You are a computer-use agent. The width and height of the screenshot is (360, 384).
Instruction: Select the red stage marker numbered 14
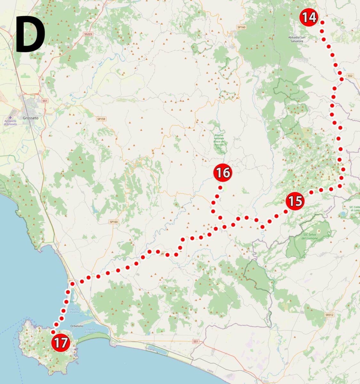pyautogui.click(x=309, y=17)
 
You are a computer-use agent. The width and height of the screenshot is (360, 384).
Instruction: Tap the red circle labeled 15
pyautogui.click(x=295, y=201)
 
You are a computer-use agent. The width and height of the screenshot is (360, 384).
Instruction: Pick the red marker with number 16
pyautogui.click(x=223, y=173)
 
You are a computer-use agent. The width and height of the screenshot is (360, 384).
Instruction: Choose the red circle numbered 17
pyautogui.click(x=61, y=343)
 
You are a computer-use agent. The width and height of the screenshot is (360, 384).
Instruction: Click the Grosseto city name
pyautogui.click(x=30, y=118)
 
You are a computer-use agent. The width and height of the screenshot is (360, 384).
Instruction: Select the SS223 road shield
pyautogui.click(x=88, y=34)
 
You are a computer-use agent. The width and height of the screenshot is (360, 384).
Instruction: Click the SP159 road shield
pyautogui.click(x=101, y=119)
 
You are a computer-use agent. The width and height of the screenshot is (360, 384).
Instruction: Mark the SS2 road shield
pyautogui.click(x=350, y=76)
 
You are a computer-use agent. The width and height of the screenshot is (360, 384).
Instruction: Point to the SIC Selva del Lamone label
pyautogui.click(x=310, y=236)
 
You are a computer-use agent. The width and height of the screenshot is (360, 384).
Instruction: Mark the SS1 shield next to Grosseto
pyautogui.click(x=45, y=101)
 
